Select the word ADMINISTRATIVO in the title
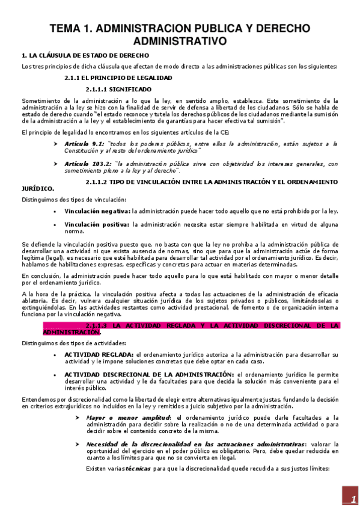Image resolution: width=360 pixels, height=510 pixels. pos(180,41)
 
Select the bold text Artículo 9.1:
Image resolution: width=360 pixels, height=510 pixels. pos(84,144)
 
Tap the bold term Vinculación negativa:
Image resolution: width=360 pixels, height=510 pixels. pos(97,211)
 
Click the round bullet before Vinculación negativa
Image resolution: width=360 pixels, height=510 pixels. pos(55,211)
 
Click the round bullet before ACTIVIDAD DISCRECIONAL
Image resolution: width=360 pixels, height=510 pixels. pos(55,375)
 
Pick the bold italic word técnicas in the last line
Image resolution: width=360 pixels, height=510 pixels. pos(138,469)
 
